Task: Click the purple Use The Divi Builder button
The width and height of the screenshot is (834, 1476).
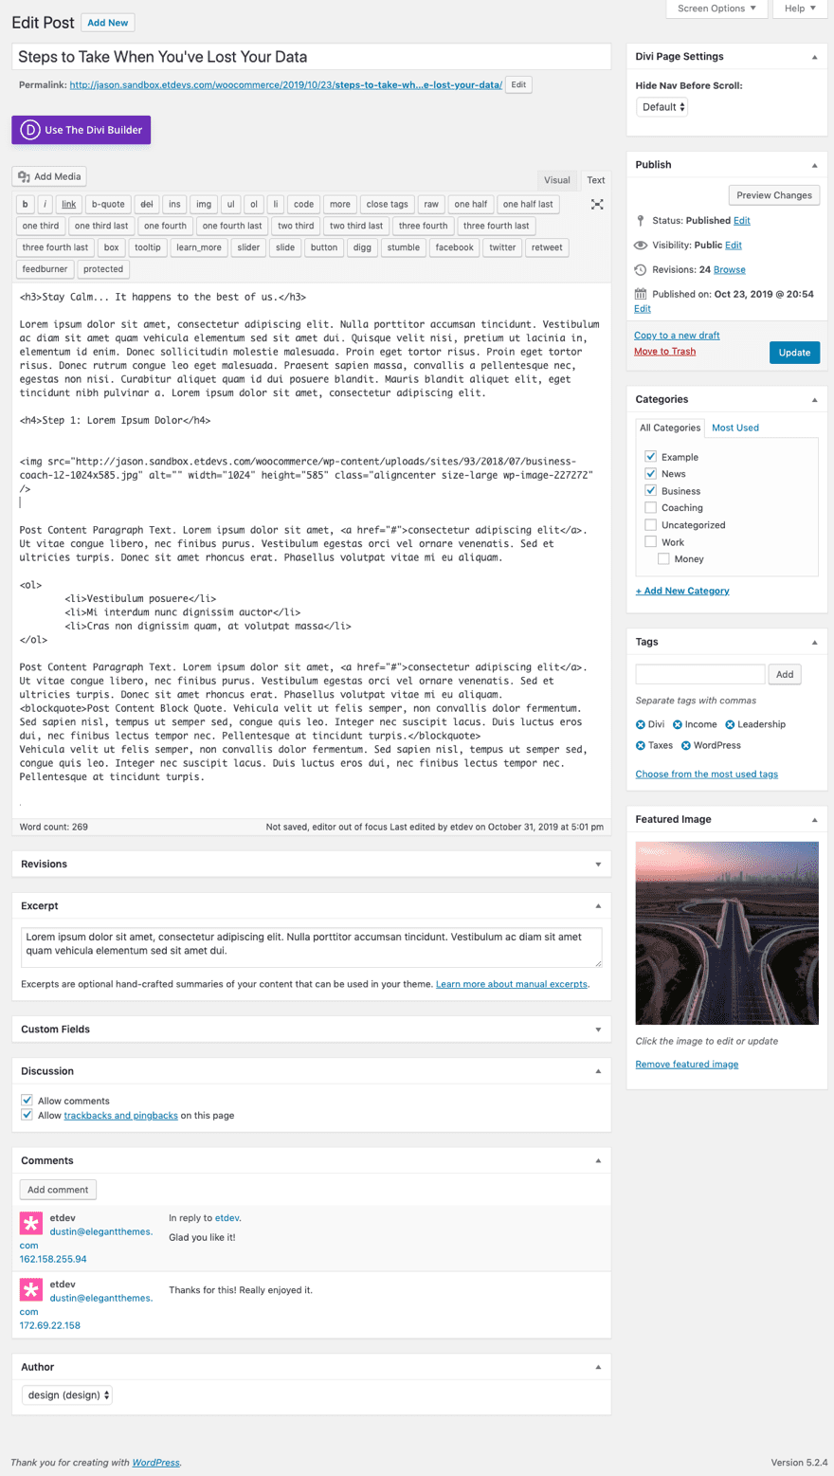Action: coord(82,130)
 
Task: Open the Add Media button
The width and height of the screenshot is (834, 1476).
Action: coord(50,176)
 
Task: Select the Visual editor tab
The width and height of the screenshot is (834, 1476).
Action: coord(556,180)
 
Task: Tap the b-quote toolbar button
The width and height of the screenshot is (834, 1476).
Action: coord(108,204)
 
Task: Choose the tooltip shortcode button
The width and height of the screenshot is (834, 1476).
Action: coord(147,247)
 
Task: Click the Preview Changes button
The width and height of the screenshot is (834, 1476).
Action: coord(773,195)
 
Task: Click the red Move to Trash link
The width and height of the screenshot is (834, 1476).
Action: coord(664,352)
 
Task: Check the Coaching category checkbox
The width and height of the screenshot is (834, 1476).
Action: coord(651,507)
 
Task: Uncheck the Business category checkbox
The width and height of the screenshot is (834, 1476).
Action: coord(651,490)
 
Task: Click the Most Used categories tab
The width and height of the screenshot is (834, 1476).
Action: coord(734,428)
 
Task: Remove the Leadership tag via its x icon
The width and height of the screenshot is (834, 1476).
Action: coord(731,724)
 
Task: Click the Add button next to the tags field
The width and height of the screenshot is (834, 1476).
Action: coord(784,674)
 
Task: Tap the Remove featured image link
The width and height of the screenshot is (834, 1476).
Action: coord(686,1064)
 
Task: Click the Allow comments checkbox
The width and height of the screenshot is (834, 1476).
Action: coord(27,1101)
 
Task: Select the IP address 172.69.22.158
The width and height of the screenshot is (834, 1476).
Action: coord(50,1325)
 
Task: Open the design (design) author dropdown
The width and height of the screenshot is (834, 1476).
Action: coord(67,1394)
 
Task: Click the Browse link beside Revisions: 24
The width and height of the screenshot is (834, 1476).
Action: coord(729,270)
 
